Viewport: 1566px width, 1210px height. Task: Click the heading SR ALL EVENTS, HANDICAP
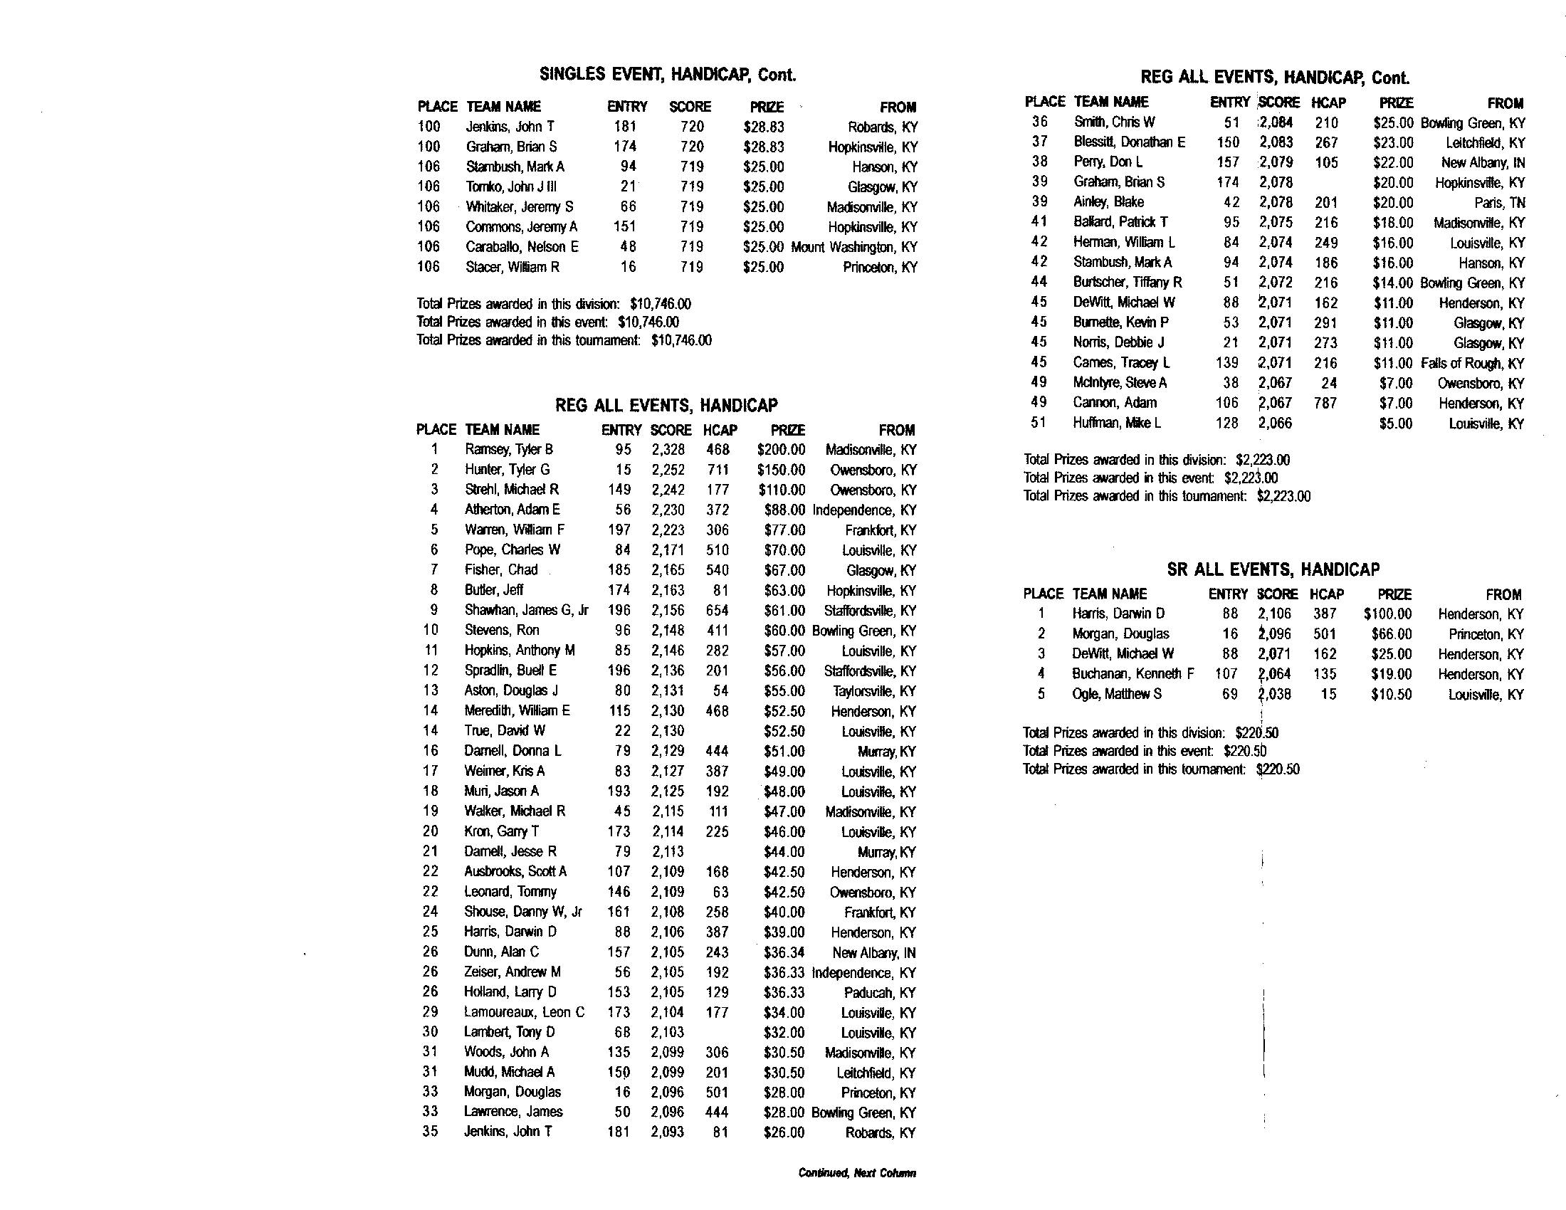(x=1273, y=569)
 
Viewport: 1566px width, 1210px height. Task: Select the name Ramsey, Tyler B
(x=508, y=449)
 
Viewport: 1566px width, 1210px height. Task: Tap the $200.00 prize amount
(x=781, y=450)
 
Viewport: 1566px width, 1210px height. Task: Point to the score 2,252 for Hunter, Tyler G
(x=668, y=470)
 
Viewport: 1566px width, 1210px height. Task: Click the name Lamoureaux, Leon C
(x=523, y=1012)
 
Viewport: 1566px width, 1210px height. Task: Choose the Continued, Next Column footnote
(x=857, y=1174)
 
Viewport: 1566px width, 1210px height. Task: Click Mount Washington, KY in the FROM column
(x=854, y=247)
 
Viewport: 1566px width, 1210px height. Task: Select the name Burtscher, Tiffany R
(x=1128, y=283)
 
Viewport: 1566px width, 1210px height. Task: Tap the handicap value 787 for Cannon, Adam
(x=1326, y=403)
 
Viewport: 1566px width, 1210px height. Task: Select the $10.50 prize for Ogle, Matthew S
(x=1391, y=694)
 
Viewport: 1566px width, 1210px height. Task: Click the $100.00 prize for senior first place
(x=1387, y=614)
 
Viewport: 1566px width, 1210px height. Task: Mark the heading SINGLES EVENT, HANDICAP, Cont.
(x=668, y=75)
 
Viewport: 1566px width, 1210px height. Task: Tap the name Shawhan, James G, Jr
(x=526, y=610)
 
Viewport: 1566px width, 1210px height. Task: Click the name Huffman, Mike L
(x=1116, y=423)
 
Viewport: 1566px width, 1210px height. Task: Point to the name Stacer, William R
(x=512, y=267)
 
